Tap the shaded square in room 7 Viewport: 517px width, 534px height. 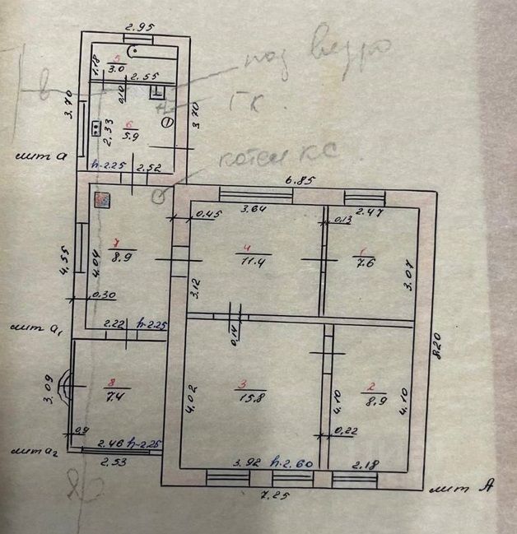pyautogui.click(x=102, y=200)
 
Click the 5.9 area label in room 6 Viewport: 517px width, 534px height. pyautogui.click(x=130, y=136)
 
